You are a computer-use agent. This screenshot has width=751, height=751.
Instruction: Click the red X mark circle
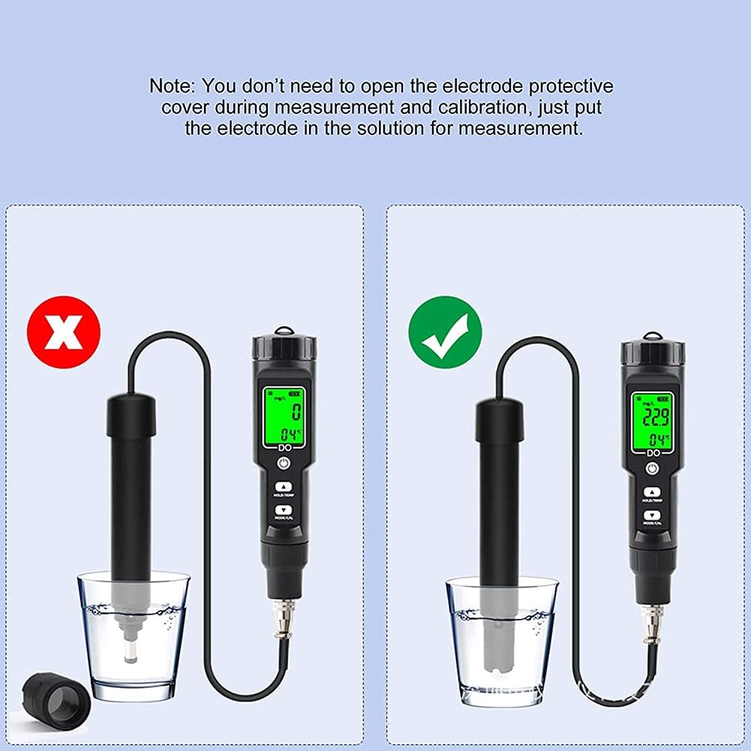(x=64, y=332)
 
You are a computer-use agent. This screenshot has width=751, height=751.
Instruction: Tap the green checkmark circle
(x=445, y=332)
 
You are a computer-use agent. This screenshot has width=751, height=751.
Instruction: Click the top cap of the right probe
(x=500, y=417)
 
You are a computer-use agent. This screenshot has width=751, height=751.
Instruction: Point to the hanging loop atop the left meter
(x=284, y=331)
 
